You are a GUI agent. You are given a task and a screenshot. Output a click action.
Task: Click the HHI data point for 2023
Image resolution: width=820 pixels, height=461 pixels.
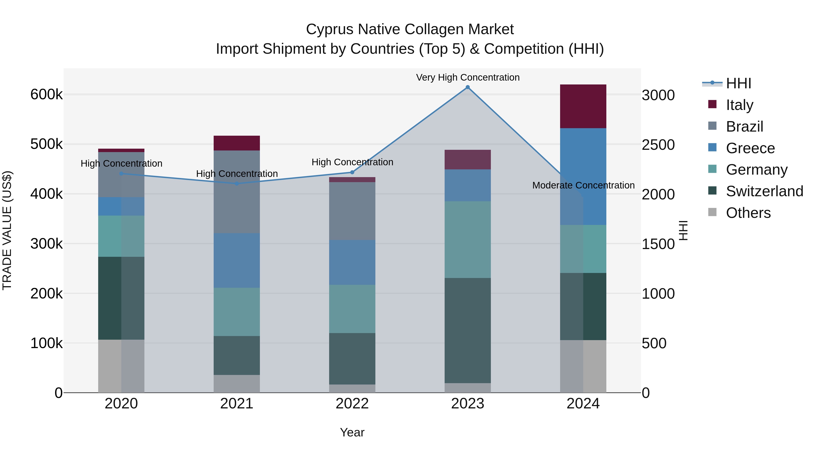(x=468, y=87)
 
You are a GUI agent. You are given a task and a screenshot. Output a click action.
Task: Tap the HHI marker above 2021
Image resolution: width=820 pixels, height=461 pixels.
(x=236, y=183)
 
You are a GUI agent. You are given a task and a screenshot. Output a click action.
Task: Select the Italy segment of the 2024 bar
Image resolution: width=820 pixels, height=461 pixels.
(x=583, y=106)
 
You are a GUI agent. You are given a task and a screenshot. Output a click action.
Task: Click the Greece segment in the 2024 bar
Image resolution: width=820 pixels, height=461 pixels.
(x=583, y=177)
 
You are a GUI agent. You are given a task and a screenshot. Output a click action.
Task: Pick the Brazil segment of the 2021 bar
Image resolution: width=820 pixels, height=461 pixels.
(x=236, y=192)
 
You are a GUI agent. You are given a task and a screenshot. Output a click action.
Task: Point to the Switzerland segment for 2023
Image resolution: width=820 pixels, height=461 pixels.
(x=468, y=331)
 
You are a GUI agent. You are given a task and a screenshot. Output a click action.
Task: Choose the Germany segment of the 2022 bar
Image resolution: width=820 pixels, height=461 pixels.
(x=352, y=309)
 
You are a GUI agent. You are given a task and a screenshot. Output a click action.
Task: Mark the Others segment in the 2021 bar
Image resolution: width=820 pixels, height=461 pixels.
(x=236, y=384)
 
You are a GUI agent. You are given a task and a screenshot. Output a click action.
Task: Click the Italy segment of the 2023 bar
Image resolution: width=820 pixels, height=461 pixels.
(x=468, y=160)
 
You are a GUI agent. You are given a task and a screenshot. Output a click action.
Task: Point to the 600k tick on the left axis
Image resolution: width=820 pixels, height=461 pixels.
(x=46, y=94)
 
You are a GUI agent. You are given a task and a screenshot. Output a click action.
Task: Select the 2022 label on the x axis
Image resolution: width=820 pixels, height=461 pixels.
(x=352, y=404)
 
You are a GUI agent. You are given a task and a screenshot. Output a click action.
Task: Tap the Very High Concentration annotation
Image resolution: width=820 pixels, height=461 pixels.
(x=468, y=77)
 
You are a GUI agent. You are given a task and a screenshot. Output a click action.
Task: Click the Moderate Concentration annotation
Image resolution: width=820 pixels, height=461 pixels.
(x=584, y=185)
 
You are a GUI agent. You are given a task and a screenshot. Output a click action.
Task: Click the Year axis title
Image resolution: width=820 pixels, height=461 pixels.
(x=352, y=432)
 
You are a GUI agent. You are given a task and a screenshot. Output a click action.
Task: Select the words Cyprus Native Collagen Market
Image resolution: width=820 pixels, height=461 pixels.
(x=410, y=29)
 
